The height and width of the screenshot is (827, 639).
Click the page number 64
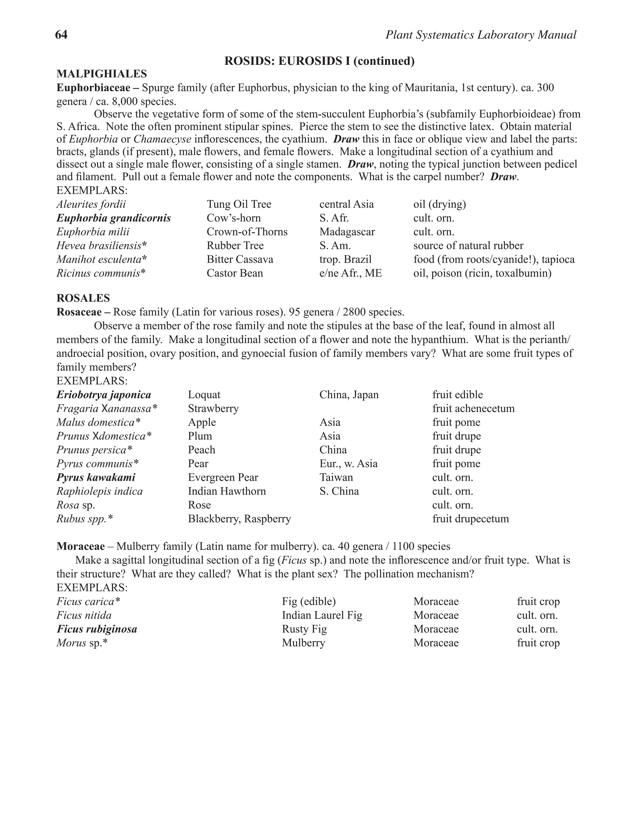(61, 35)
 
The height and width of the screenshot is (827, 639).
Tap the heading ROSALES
(83, 298)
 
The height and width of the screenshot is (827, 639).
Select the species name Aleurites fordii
(91, 204)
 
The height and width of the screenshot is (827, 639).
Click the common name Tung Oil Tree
(239, 204)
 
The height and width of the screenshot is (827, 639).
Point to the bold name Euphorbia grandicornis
(114, 218)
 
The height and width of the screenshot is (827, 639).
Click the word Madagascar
(347, 232)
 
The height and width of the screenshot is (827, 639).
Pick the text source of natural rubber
(468, 246)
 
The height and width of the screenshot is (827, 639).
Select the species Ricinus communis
(101, 273)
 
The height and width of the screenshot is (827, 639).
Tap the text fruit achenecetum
(473, 409)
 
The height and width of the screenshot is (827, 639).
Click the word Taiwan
(336, 477)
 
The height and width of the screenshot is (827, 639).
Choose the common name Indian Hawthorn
(227, 491)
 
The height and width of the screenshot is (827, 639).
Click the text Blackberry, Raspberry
(239, 519)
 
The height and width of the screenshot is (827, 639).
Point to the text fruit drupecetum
(471, 519)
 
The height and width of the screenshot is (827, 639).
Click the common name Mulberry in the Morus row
(303, 643)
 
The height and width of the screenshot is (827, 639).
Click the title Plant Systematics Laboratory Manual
(481, 35)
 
